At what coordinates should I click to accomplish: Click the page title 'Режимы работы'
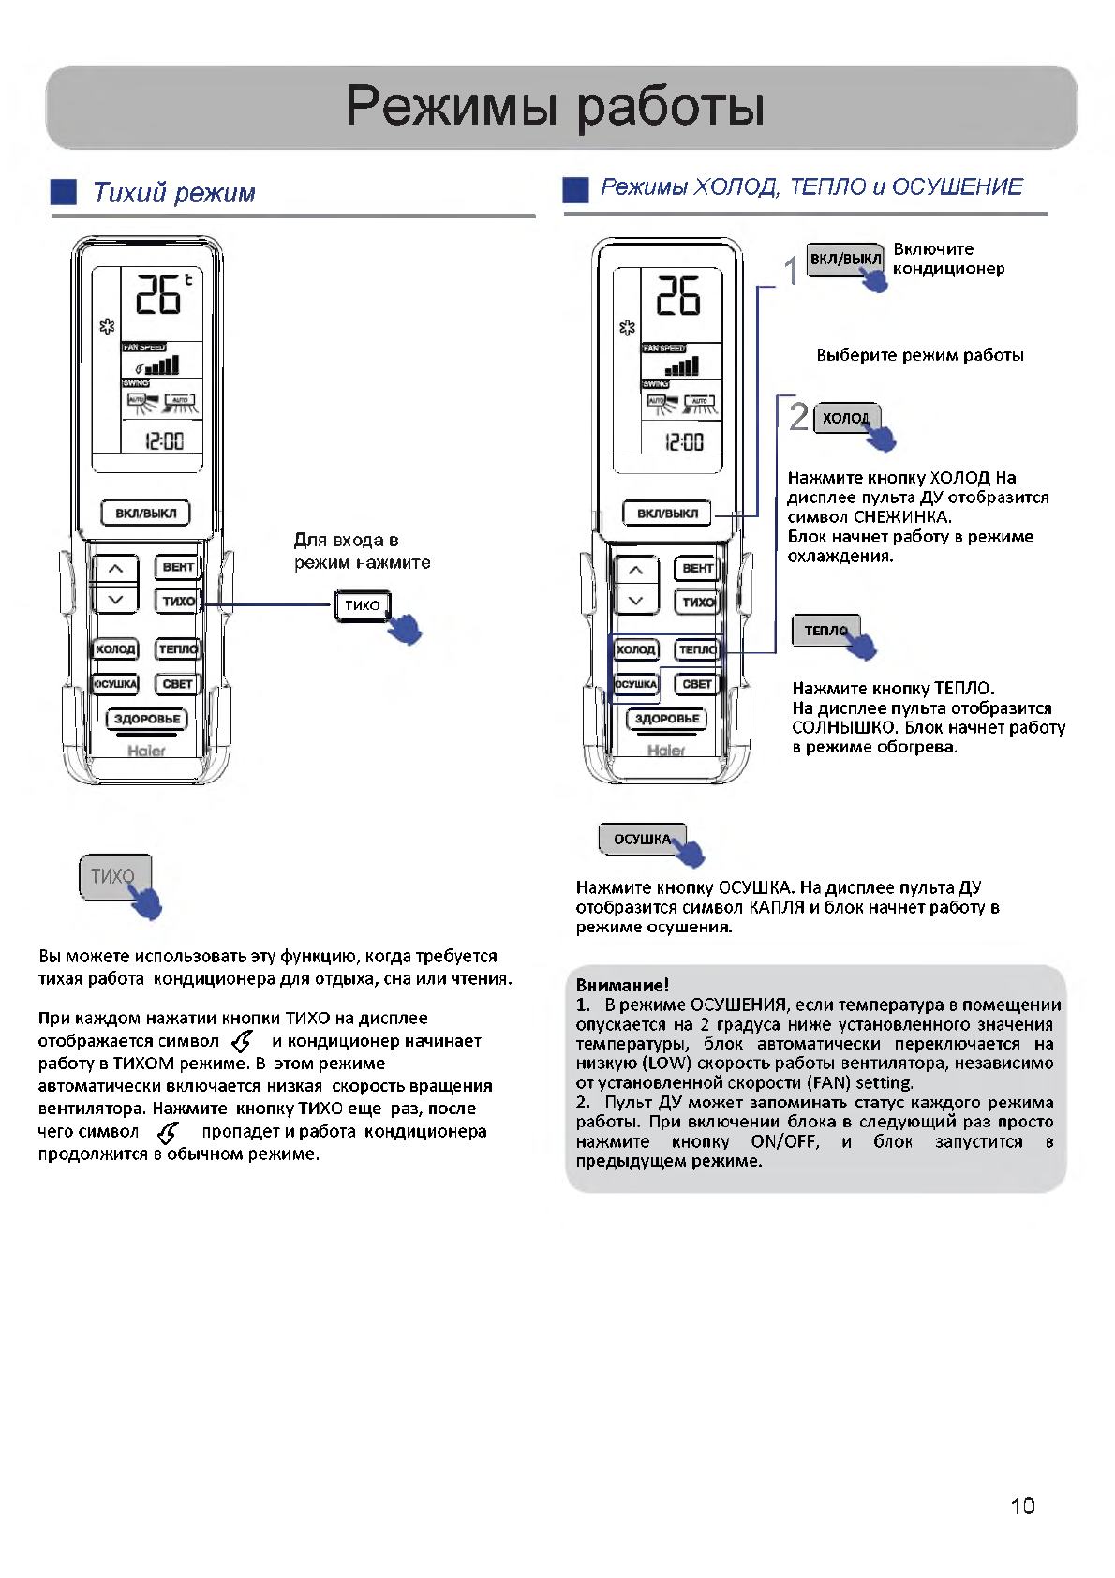click(556, 105)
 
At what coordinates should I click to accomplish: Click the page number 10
click(1022, 1505)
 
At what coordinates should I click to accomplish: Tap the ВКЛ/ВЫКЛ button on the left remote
click(145, 514)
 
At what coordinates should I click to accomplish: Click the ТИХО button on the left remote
click(178, 601)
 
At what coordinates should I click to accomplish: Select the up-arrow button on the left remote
click(114, 569)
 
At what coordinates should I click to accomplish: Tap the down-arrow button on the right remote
click(635, 601)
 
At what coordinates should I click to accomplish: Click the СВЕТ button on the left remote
click(177, 684)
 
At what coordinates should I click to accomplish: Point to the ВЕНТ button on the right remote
click(697, 568)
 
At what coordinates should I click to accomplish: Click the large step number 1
click(792, 271)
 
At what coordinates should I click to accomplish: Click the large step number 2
click(798, 416)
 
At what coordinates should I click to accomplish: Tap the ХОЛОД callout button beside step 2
click(845, 418)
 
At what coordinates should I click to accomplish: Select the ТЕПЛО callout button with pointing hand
click(825, 631)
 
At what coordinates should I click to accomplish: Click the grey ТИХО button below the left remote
click(113, 876)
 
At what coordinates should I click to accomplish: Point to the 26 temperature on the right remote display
click(677, 295)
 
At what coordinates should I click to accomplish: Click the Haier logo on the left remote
click(146, 751)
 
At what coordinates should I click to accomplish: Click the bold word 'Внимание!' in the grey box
click(622, 985)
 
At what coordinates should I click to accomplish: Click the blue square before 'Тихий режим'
click(64, 192)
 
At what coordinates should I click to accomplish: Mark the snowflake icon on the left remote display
click(107, 326)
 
